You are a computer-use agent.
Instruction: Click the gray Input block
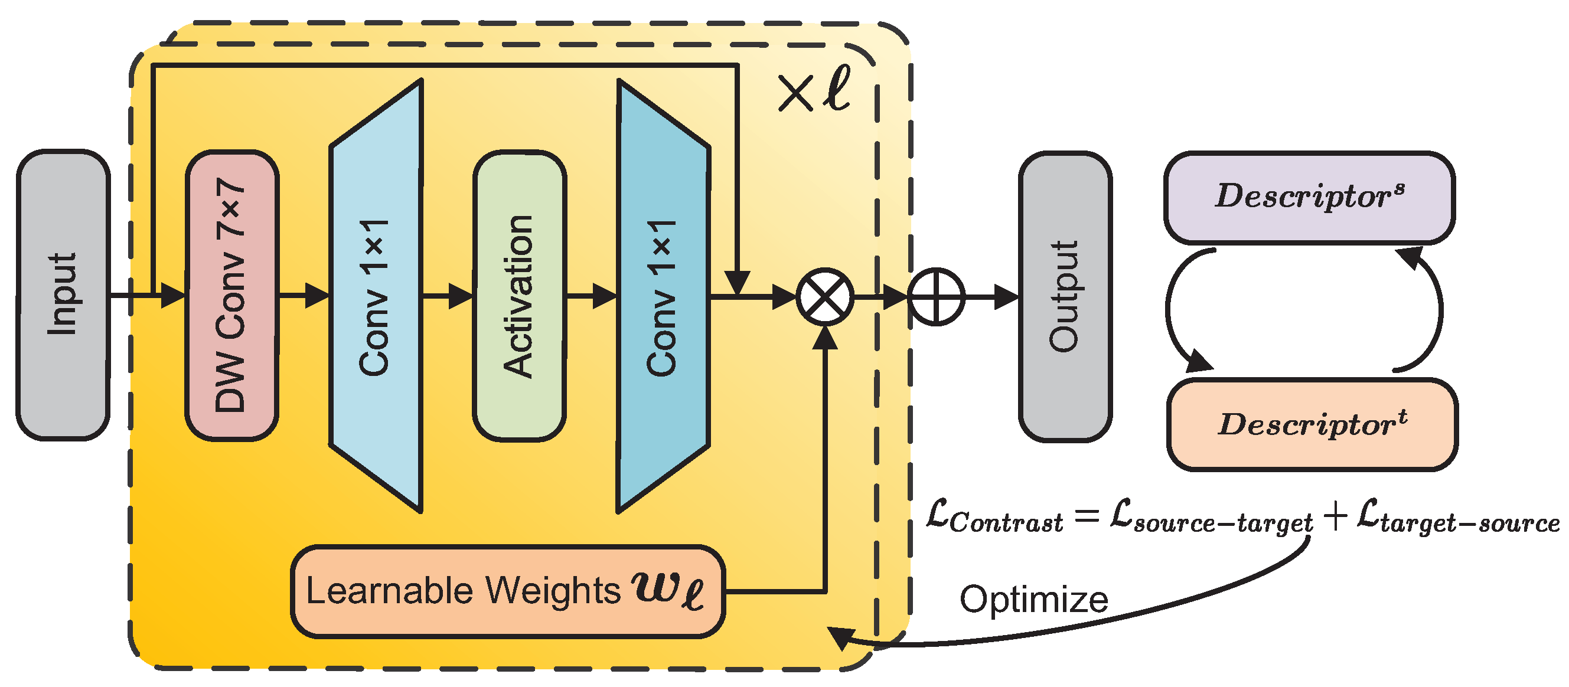point(63,295)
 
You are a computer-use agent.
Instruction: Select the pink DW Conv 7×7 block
point(231,295)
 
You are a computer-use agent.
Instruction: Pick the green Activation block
point(519,296)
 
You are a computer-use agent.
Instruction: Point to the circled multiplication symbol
point(825,297)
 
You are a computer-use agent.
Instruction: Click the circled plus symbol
point(935,297)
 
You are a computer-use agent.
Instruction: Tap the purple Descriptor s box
point(1309,197)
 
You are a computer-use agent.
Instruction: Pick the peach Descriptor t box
point(1312,424)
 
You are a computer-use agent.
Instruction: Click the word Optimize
point(1033,600)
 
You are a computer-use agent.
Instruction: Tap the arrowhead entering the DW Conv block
point(173,296)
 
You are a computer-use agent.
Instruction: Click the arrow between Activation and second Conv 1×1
point(603,296)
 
